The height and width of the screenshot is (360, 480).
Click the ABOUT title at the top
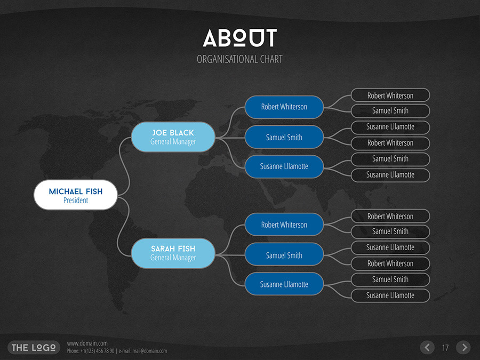tap(239, 38)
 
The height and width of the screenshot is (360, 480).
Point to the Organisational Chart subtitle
tap(239, 59)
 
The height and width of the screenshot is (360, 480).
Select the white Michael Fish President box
tap(76, 195)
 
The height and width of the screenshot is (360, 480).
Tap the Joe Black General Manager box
tap(173, 137)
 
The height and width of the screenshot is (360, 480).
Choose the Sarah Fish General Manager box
tap(173, 253)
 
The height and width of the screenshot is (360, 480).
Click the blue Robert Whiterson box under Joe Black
tap(284, 107)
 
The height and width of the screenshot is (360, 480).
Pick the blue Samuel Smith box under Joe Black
tap(284, 137)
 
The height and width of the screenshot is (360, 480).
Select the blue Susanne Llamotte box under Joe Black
tap(284, 166)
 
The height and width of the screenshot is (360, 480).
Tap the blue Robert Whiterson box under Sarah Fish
tap(284, 225)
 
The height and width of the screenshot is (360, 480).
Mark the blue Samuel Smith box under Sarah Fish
tap(284, 255)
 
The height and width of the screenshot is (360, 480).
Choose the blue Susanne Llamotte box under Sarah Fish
tap(284, 284)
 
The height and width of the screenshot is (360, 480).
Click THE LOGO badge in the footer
tap(33, 348)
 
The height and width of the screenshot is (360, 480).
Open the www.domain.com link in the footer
tap(87, 343)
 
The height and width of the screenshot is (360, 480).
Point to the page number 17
tap(445, 348)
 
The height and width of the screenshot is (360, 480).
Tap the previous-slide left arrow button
tap(427, 348)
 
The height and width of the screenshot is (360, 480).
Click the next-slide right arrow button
tap(463, 348)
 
